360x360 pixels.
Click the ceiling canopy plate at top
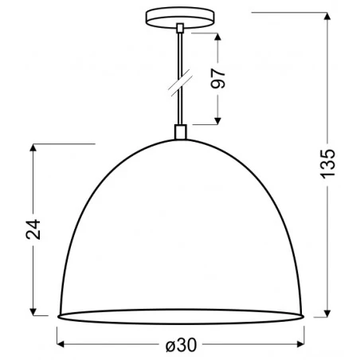point(181,18)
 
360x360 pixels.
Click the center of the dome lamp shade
point(181,231)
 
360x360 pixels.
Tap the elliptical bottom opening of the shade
point(181,316)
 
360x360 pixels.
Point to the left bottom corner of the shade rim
point(58,317)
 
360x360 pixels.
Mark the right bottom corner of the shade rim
point(303,317)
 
